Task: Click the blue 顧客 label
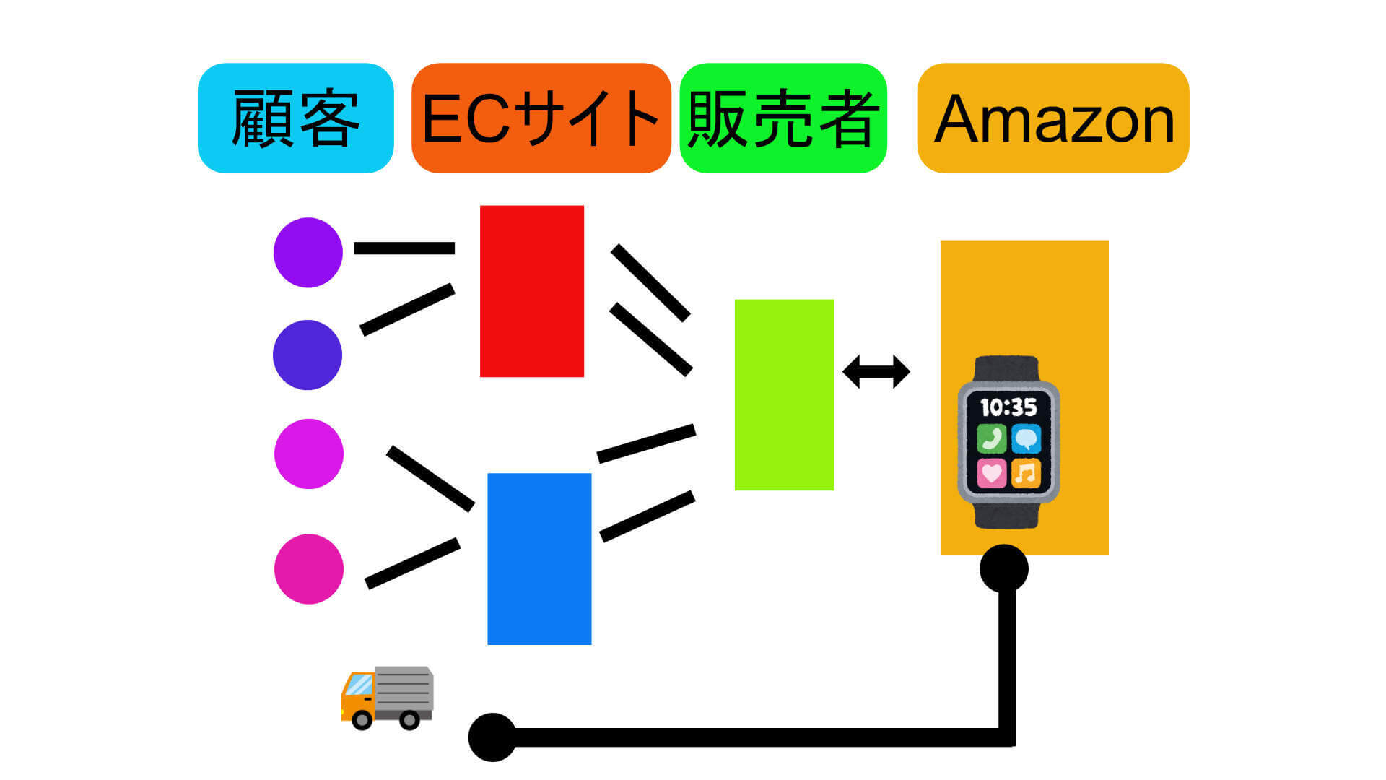click(x=295, y=118)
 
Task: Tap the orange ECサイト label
click(x=541, y=118)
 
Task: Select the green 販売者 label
click(x=783, y=118)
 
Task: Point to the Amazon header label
click(x=1053, y=118)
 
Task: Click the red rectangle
click(x=532, y=291)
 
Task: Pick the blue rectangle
click(x=539, y=558)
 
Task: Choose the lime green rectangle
click(x=784, y=394)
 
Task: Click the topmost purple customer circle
click(x=308, y=253)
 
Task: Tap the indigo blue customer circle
click(x=308, y=355)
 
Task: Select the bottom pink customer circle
click(x=309, y=569)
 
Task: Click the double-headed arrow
click(x=876, y=372)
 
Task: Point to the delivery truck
click(x=387, y=697)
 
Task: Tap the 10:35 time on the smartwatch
click(x=1008, y=408)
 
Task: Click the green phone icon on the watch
click(x=992, y=438)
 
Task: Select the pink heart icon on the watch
click(x=992, y=473)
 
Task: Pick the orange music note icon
click(x=1026, y=473)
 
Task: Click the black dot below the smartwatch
click(x=1004, y=568)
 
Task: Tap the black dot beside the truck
click(x=492, y=737)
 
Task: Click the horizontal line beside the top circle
click(x=404, y=248)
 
